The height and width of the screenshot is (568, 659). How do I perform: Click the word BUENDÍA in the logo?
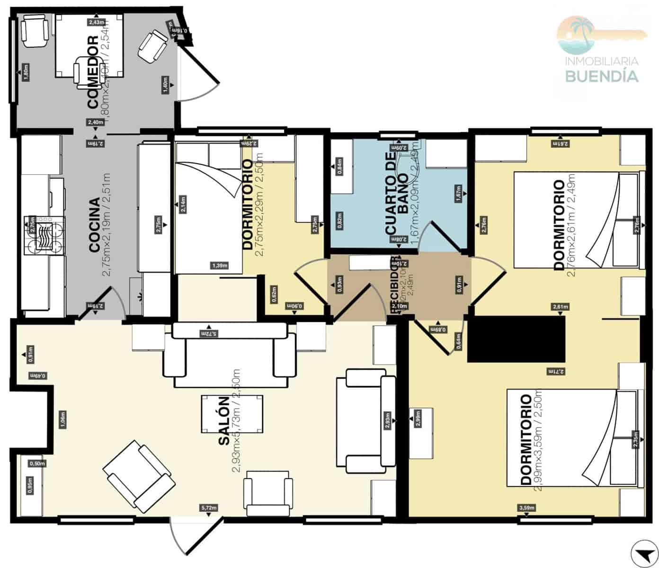602,76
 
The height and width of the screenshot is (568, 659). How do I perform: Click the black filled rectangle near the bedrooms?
517,339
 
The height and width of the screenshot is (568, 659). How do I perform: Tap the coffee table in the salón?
232,414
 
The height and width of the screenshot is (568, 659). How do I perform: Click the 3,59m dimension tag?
527,508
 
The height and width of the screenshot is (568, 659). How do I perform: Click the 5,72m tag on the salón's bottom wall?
209,508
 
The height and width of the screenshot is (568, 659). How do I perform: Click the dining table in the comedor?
89,45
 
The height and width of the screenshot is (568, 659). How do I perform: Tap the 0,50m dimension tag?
37,463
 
